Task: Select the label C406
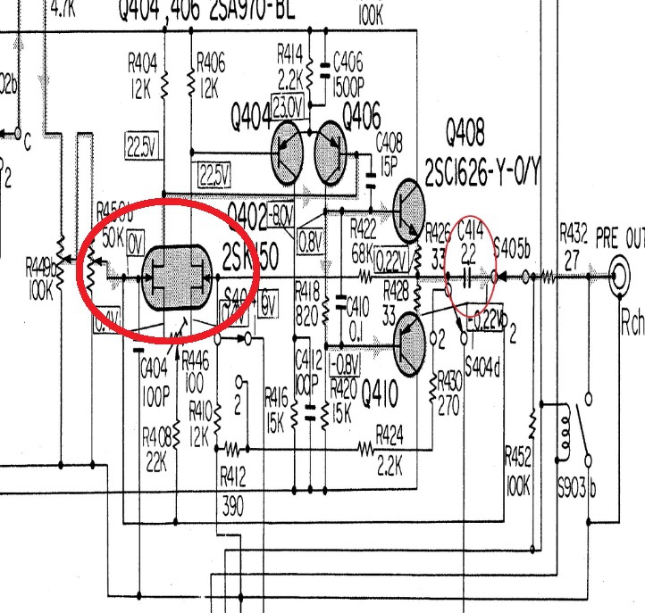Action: pos(348,62)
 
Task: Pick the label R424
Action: pos(390,433)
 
